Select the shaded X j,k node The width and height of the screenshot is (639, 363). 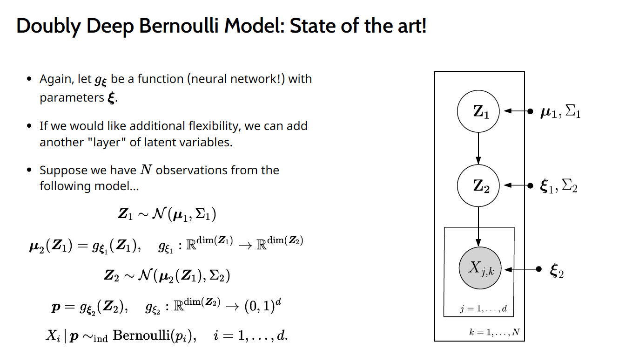(479, 268)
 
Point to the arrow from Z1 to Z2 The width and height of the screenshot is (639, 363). (478, 148)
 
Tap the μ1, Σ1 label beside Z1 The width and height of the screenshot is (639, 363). (560, 112)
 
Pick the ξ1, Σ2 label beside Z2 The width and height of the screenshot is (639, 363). (558, 186)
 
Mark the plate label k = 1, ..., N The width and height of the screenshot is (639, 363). (494, 332)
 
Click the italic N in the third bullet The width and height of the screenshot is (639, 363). (146, 170)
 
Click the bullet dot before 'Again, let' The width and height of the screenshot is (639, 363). (29, 79)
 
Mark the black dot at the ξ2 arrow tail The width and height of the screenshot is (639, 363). (538, 269)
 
